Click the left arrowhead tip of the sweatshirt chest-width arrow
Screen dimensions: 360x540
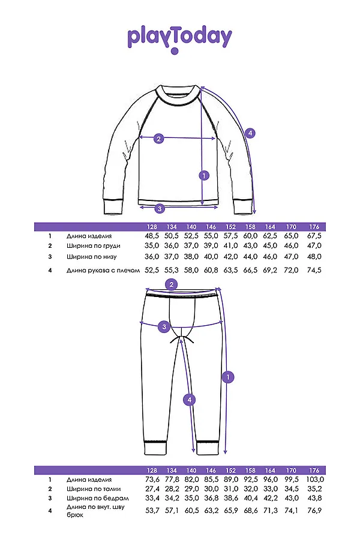tap(139, 138)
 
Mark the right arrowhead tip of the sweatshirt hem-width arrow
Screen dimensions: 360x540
tap(218, 208)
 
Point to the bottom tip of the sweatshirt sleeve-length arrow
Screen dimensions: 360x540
tap(254, 214)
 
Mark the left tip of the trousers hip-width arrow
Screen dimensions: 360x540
tap(139, 323)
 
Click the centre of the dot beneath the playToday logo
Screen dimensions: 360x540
tap(175, 52)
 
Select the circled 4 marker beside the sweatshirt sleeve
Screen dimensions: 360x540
tap(250, 133)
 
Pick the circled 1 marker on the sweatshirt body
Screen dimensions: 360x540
tap(204, 176)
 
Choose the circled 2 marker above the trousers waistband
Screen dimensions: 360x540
tap(172, 284)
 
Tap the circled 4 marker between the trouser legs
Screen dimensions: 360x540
tap(190, 400)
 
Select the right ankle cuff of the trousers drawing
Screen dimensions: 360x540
tap(208, 448)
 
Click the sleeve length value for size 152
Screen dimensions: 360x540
tap(230, 271)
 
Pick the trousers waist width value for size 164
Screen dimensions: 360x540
tap(270, 488)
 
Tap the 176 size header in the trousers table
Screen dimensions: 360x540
tap(314, 470)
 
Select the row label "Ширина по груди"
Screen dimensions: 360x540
tap(94, 246)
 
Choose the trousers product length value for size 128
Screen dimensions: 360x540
tap(152, 479)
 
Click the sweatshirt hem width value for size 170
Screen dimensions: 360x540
tap(291, 257)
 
